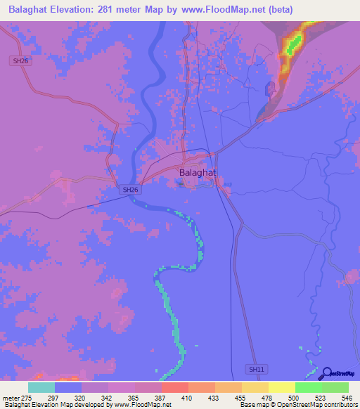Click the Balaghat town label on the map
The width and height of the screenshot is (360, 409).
198,171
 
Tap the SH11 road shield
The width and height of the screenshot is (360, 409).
257,369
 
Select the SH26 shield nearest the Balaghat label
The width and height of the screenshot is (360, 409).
129,190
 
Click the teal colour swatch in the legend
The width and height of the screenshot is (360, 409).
41,387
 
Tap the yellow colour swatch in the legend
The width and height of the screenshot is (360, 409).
282,387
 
